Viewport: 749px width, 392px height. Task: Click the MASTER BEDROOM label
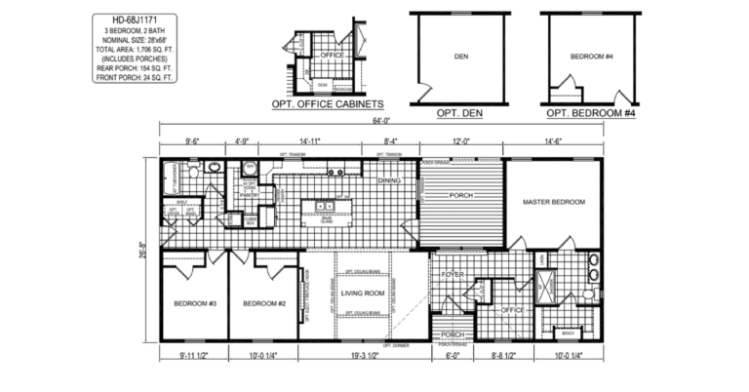553,202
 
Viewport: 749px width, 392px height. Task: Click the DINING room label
389,179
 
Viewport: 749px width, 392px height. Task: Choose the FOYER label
450,275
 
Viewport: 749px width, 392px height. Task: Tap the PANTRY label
248,195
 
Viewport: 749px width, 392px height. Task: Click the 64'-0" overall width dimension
379,121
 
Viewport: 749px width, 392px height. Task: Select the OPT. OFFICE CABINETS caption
326,103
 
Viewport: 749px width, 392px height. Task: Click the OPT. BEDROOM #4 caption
589,113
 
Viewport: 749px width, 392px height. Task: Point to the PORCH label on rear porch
460,195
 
